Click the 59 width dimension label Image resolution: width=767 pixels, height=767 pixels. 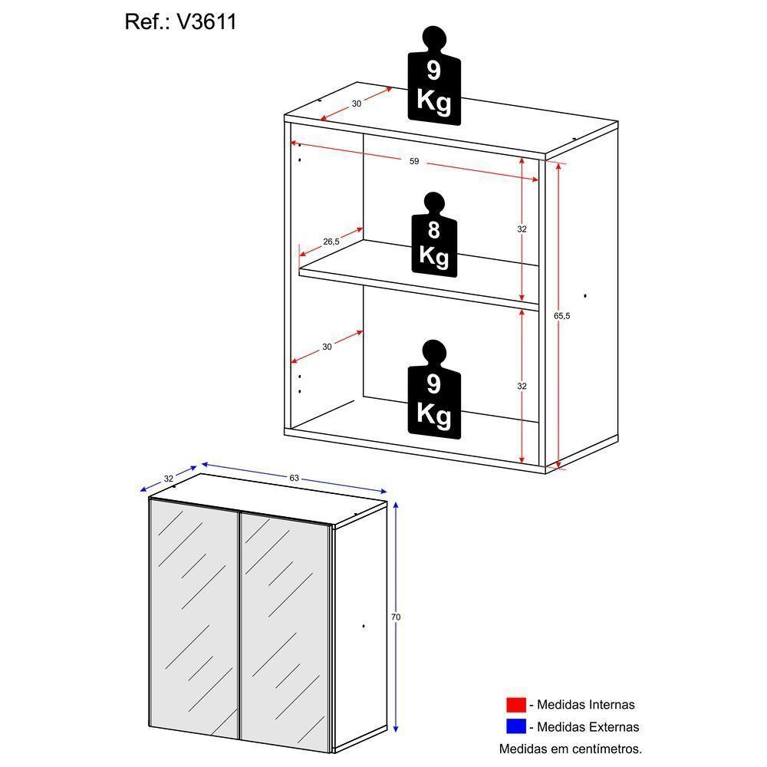pyautogui.click(x=413, y=162)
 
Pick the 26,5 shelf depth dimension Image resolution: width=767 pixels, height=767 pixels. pyautogui.click(x=331, y=242)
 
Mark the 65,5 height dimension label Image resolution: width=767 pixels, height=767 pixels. pyautogui.click(x=562, y=315)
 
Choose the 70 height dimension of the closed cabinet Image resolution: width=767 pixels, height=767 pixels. pyautogui.click(x=396, y=617)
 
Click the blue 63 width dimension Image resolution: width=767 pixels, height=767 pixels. pyautogui.click(x=294, y=478)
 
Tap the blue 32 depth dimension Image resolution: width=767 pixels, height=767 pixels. pyautogui.click(x=168, y=479)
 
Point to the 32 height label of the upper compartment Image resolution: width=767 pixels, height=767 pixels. pyautogui.click(x=522, y=229)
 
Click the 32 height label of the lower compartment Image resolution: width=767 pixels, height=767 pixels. pyautogui.click(x=522, y=387)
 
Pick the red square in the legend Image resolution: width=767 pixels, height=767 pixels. pyautogui.click(x=515, y=705)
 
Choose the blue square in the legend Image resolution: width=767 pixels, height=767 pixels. pyautogui.click(x=515, y=726)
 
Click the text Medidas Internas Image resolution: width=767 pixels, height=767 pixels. pyautogui.click(x=585, y=705)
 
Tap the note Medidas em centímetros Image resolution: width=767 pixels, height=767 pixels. pyautogui.click(x=570, y=749)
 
